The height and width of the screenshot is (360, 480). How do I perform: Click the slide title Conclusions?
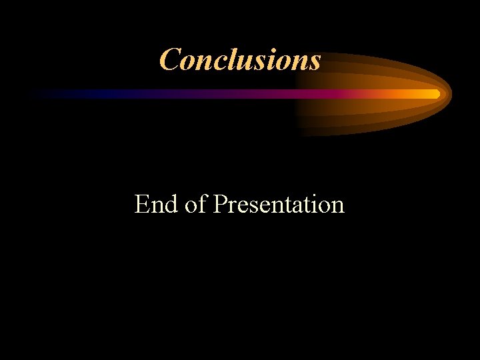(x=240, y=59)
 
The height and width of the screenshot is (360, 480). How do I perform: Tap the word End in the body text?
(x=157, y=204)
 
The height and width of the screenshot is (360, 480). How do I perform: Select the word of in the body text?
(x=196, y=204)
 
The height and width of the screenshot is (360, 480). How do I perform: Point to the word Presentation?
(x=279, y=204)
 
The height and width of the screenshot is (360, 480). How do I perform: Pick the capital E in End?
(x=141, y=204)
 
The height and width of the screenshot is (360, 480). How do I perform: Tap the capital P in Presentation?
(x=220, y=204)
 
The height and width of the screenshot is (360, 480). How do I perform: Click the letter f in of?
(x=203, y=203)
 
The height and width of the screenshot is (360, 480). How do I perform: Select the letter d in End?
(x=172, y=204)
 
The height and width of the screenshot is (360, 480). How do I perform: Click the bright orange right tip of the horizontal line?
(x=435, y=94)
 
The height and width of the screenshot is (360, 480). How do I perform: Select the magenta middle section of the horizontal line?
(x=267, y=94)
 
